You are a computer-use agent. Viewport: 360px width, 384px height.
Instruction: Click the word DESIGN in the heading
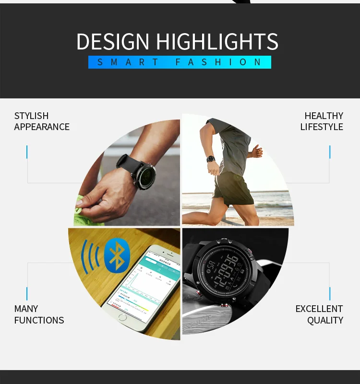(113, 42)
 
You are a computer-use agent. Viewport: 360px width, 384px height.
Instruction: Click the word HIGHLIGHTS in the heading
(217, 42)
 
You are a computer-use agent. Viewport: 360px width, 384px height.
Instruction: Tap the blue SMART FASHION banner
(180, 62)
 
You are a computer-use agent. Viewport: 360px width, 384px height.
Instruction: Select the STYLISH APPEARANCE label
(42, 121)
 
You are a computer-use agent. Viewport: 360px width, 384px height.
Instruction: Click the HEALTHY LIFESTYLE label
(322, 121)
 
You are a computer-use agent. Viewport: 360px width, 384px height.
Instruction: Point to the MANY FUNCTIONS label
(39, 314)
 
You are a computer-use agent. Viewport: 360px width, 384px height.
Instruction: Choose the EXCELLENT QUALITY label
(319, 314)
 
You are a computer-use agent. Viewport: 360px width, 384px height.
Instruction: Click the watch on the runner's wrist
(211, 158)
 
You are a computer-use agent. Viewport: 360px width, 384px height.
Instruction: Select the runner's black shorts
(232, 188)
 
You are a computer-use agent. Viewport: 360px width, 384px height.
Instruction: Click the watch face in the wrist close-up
(143, 175)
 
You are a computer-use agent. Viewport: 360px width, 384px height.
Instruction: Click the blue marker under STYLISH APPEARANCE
(27, 152)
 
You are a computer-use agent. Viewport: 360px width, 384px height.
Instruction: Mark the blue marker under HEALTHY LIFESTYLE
(330, 152)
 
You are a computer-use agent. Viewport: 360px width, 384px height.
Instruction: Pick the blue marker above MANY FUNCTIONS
(27, 293)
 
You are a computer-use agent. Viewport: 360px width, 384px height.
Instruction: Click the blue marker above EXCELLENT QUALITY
(330, 293)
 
